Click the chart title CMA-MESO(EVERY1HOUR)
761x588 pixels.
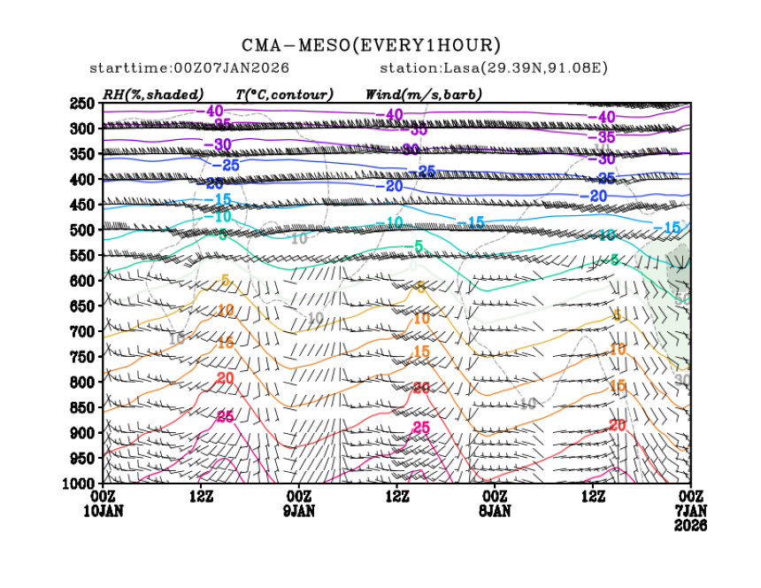click(x=372, y=45)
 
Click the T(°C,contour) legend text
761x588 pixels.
click(x=284, y=94)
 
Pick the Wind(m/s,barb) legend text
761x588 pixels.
click(x=424, y=94)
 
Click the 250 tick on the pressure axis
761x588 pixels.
click(x=82, y=104)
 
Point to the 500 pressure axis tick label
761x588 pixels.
click(x=82, y=230)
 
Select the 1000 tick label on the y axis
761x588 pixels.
click(x=79, y=484)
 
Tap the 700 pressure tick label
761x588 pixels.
click(x=82, y=331)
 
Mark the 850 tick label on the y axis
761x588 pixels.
click(x=82, y=407)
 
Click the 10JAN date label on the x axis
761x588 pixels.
click(x=104, y=511)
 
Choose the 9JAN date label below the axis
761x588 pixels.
click(x=299, y=511)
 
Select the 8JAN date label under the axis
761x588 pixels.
click(x=495, y=511)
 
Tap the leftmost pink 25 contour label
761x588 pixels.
click(x=225, y=416)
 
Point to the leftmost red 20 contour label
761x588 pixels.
click(x=225, y=378)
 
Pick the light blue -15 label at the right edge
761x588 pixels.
click(x=669, y=228)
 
